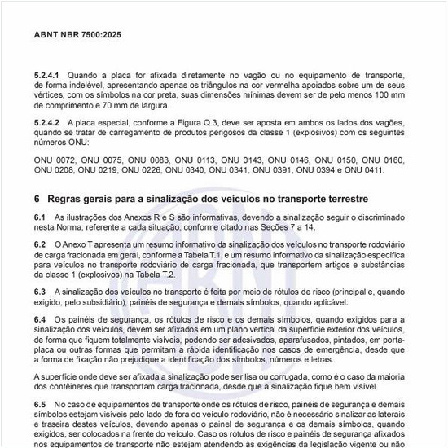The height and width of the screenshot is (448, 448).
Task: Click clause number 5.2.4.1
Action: coord(46,74)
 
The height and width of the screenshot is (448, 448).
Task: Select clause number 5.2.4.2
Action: coord(46,122)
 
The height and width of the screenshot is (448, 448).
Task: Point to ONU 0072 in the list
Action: coord(53,160)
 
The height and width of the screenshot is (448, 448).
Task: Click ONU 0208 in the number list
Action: coord(53,171)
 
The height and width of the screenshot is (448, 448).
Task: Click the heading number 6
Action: coord(37,199)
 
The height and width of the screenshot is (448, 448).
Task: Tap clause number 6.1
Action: coord(40,218)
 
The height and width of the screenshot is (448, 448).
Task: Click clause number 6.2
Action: coord(40,244)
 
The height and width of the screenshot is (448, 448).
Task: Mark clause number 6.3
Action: coord(40,291)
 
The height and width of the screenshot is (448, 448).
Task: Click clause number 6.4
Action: coord(40,318)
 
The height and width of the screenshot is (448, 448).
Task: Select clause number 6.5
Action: coord(40,404)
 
